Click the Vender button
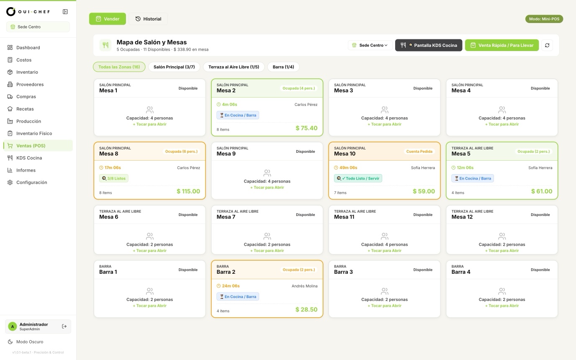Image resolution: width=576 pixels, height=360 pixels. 108,19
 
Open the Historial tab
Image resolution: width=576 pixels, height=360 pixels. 148,19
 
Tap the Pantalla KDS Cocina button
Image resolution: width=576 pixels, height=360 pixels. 428,45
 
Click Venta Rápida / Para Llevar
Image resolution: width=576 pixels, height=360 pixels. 501,45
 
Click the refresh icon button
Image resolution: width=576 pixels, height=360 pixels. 547,45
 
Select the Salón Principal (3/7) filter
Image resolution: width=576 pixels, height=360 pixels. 174,67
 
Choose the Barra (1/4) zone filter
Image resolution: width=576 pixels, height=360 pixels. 283,67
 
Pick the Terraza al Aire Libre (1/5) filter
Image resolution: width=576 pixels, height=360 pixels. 234,67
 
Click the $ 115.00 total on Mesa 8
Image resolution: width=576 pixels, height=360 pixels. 188,191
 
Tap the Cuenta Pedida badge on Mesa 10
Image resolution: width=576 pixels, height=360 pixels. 419,152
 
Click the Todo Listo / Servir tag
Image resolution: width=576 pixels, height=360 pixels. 358,178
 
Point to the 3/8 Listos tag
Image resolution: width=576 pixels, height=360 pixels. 114,178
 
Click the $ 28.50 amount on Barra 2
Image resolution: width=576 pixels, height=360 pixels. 306,310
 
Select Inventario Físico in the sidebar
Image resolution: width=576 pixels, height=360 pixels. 34,134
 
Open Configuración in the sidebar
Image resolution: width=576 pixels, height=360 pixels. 32,183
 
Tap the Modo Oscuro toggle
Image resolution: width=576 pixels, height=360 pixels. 30,342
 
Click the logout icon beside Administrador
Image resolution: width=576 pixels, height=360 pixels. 64,327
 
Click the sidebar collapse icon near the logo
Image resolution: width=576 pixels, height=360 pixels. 65,12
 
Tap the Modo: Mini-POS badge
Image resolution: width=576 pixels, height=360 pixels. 544,19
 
